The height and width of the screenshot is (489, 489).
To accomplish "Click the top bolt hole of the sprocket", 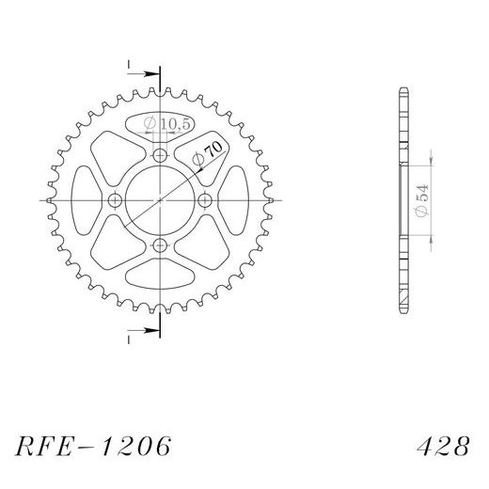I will coord(159,156).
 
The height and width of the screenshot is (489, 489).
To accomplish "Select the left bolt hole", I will coord(115,201).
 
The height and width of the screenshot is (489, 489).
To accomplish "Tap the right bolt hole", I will coord(204,201).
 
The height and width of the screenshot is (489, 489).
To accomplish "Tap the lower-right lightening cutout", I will coord(210,251).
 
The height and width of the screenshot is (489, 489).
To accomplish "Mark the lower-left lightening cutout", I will coord(109,251).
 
